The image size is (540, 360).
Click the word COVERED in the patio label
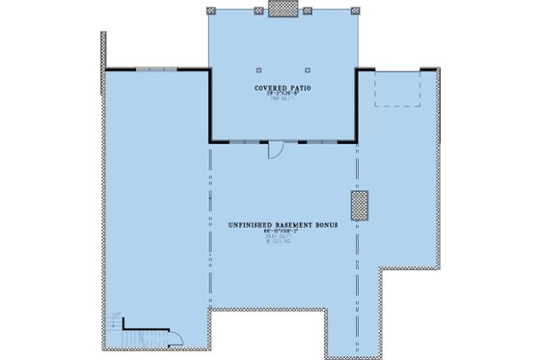pyautogui.click(x=269, y=88)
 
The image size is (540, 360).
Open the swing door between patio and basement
pyautogui.click(x=274, y=149)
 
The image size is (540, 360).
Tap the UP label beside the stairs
pyautogui.click(x=116, y=316)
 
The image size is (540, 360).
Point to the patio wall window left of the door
pyautogui.click(x=245, y=142)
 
